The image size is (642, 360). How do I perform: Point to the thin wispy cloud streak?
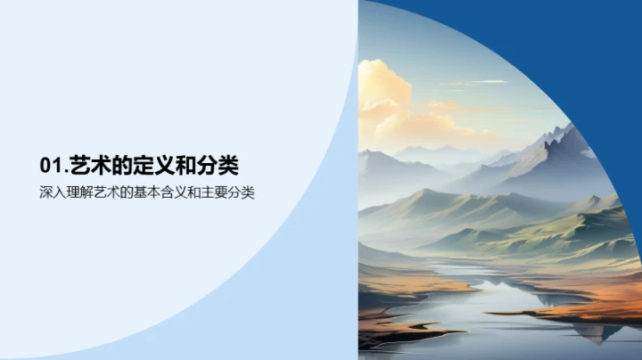pos(473,83)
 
